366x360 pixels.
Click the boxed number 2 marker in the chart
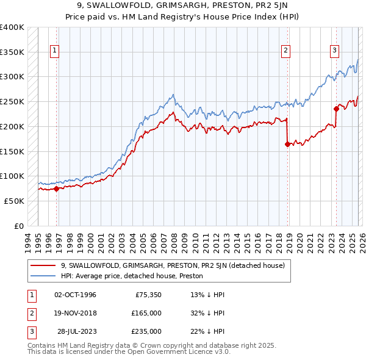pyautogui.click(x=285, y=51)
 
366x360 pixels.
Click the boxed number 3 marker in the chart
pyautogui.click(x=335, y=51)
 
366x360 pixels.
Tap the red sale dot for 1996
pyautogui.click(x=57, y=189)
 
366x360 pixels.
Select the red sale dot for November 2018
pyautogui.click(x=287, y=145)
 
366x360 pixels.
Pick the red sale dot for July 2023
pyautogui.click(x=335, y=109)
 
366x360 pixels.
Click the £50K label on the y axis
pyautogui.click(x=15, y=201)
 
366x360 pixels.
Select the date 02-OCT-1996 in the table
pyautogui.click(x=76, y=295)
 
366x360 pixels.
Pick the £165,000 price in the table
pyautogui.click(x=146, y=313)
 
